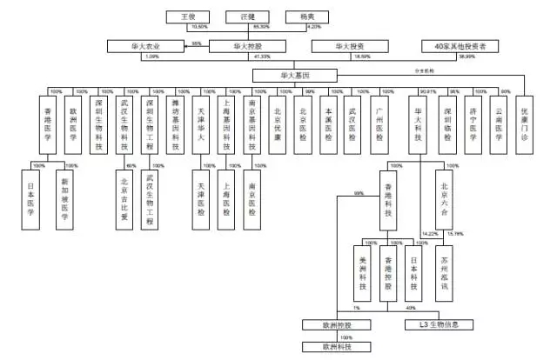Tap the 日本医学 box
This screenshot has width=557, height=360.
33,198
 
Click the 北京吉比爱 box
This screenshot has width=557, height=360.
124,198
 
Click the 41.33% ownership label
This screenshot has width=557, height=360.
259,57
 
